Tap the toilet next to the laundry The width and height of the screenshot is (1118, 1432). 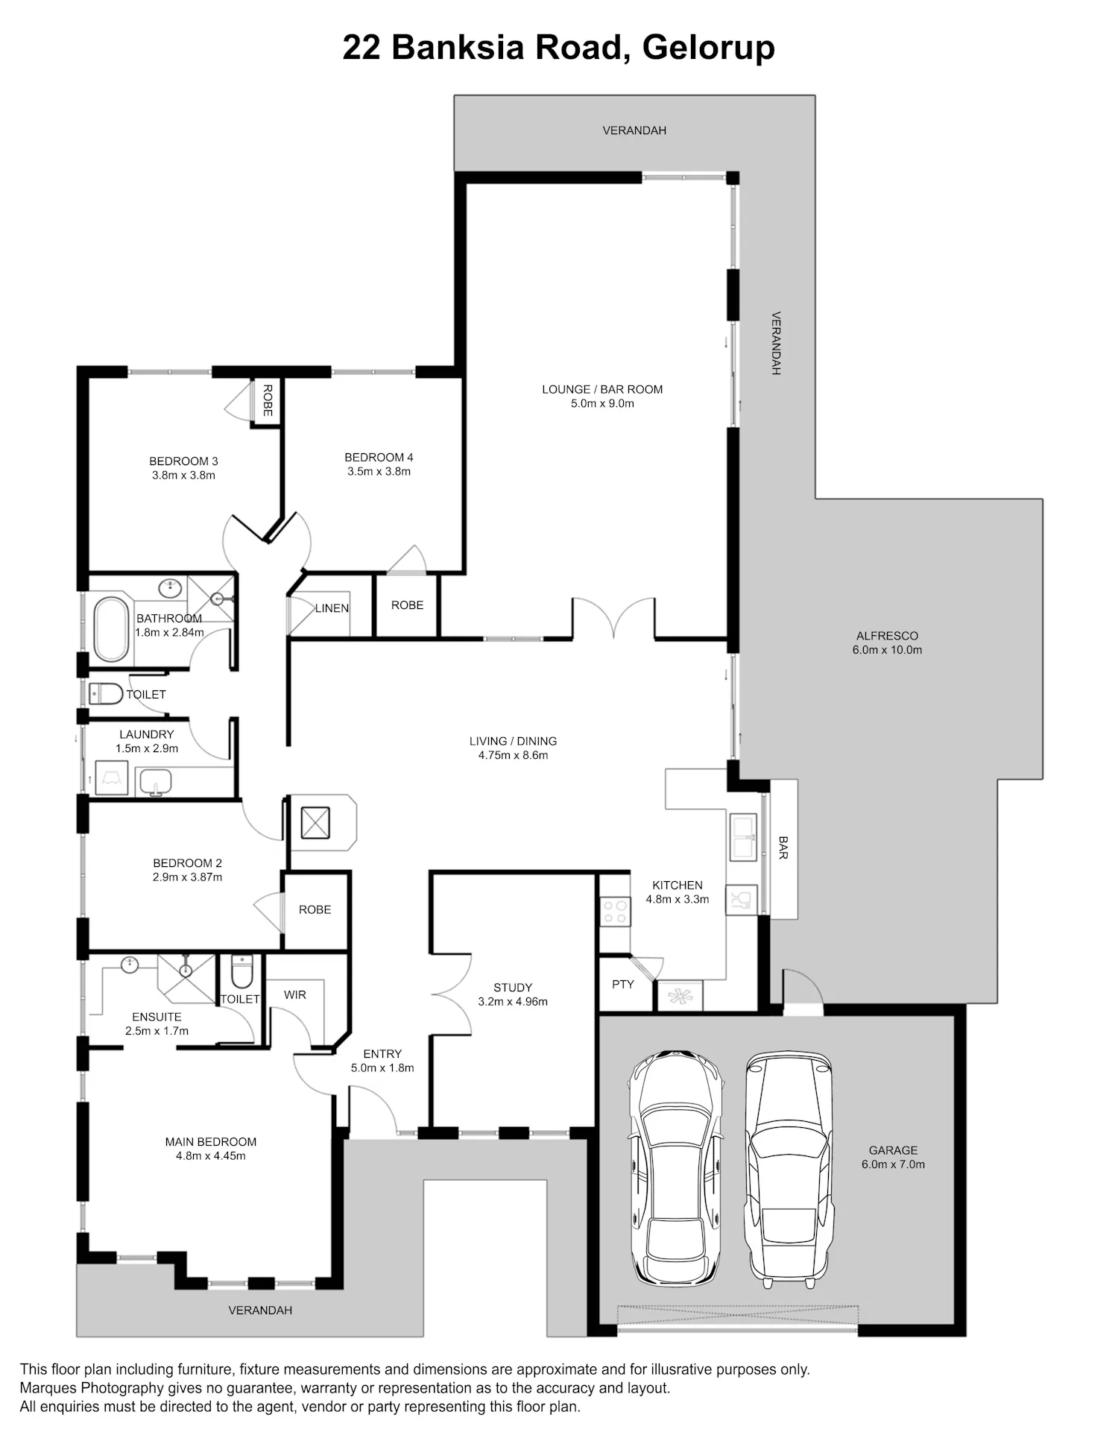coord(105,694)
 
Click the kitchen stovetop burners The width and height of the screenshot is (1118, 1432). coord(616,911)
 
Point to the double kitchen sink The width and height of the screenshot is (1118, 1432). coord(743,837)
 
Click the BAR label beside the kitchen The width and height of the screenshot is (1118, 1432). coord(783,848)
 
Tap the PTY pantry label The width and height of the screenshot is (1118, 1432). coord(623,984)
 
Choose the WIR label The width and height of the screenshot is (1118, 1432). coord(295,994)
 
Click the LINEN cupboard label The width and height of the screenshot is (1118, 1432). coord(332,608)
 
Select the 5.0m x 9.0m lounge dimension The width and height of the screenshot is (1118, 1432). coord(602,403)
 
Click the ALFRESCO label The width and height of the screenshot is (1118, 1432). coord(887,636)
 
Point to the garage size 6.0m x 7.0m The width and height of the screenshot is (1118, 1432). coord(893,1164)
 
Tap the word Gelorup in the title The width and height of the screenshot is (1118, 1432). coord(708,48)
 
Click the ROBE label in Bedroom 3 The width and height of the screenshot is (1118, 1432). coord(268,400)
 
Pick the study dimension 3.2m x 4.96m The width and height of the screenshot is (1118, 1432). coord(513,1001)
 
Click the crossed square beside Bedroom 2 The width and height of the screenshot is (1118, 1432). coord(315,822)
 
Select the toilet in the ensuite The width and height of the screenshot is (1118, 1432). coord(242,972)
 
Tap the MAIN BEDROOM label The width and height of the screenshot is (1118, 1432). coord(211,1142)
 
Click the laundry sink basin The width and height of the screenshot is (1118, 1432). coord(156,781)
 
